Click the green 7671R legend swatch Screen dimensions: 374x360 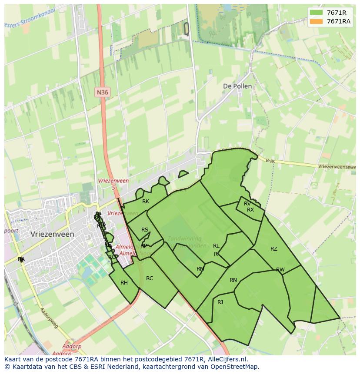pyautogui.click(x=316, y=13)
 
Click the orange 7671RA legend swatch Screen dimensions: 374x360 pyautogui.click(x=316, y=21)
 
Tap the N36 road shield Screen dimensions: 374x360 pyautogui.click(x=103, y=92)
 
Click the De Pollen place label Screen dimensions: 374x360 pyautogui.click(x=237, y=86)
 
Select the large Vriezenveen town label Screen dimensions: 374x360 pyautogui.click(x=53, y=234)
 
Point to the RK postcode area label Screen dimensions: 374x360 pyautogui.click(x=146, y=202)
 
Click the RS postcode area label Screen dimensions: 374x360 pyautogui.click(x=145, y=230)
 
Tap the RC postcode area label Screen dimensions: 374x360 pyautogui.click(x=150, y=278)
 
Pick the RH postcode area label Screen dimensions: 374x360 pyautogui.click(x=124, y=283)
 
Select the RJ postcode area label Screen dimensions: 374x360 pyautogui.click(x=220, y=302)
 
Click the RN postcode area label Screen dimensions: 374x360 pyautogui.click(x=233, y=280)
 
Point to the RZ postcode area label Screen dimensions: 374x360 pyautogui.click(x=273, y=249)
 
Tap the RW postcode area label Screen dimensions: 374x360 pyautogui.click(x=280, y=270)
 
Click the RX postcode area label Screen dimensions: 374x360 pyautogui.click(x=250, y=210)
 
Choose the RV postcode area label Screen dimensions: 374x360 pyautogui.click(x=247, y=204)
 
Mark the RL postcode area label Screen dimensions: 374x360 pyautogui.click(x=216, y=246)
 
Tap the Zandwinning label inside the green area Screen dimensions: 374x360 pyautogui.click(x=184, y=238)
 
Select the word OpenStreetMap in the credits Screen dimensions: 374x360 pyautogui.click(x=237, y=367)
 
